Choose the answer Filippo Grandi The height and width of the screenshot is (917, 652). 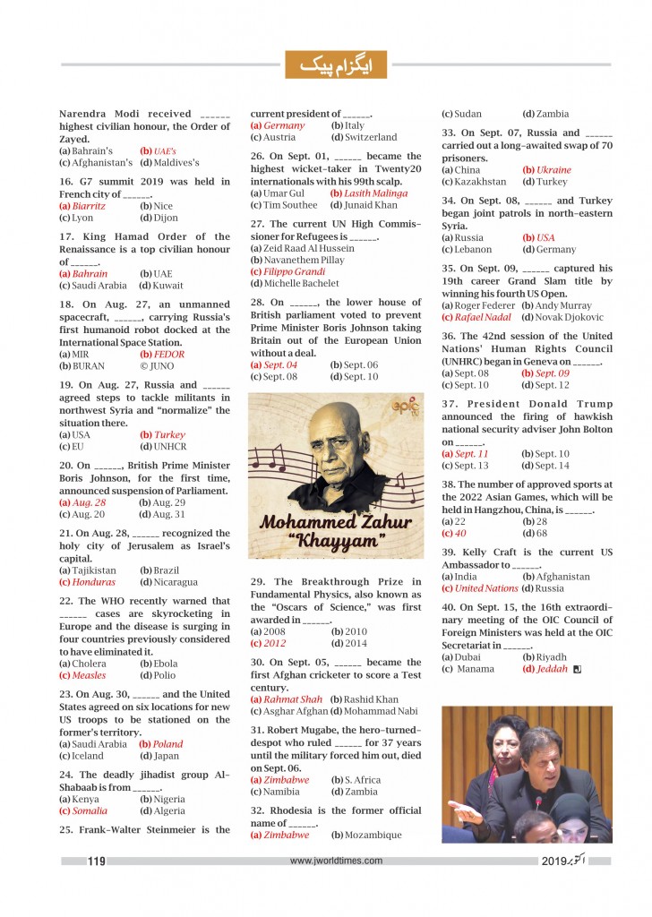288,271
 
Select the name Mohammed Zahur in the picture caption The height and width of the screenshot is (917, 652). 337,521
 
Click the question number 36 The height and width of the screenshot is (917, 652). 449,336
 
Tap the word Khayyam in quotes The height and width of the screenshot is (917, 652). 337,541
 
